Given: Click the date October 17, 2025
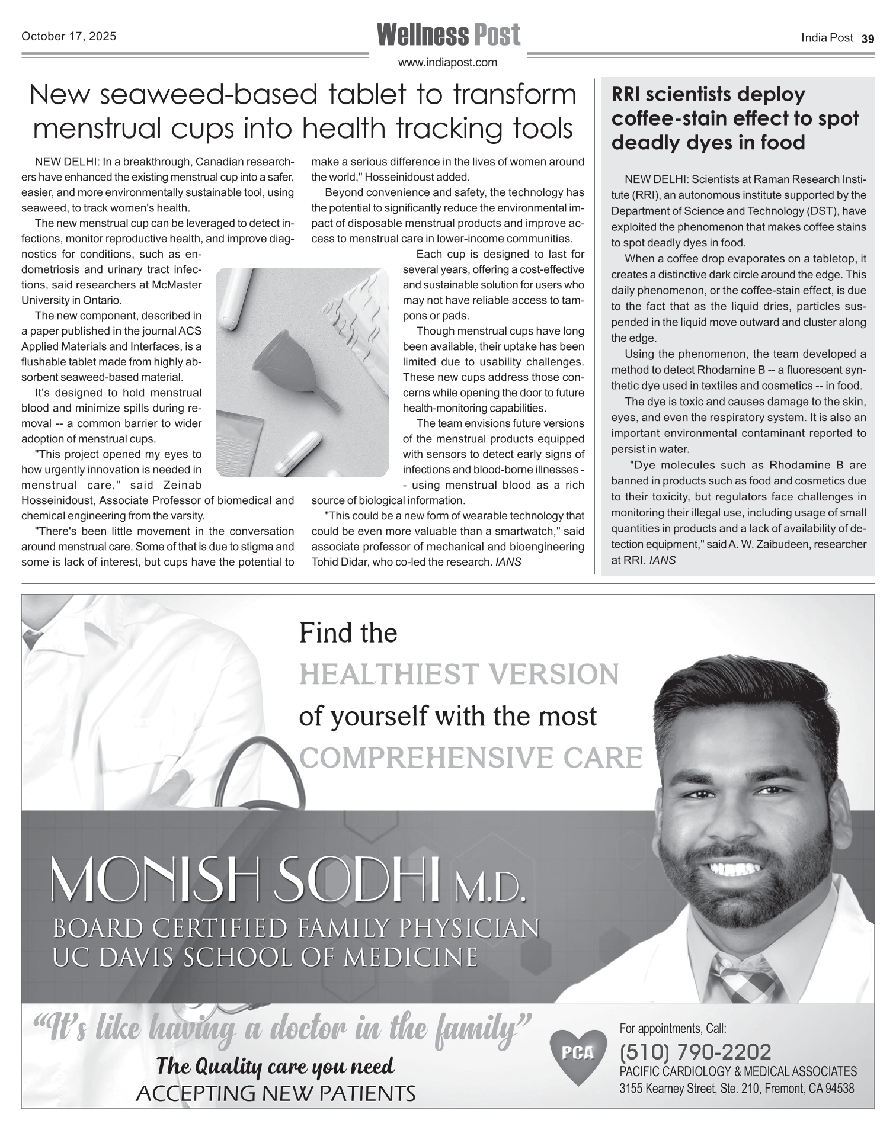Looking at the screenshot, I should click(x=69, y=36).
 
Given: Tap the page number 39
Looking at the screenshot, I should click(x=868, y=39).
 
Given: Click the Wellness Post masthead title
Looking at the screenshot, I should click(x=448, y=34).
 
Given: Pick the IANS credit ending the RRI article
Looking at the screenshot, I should click(x=663, y=560).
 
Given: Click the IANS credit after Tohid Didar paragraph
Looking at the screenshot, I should click(x=508, y=561).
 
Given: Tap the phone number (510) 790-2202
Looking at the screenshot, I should click(x=695, y=1052).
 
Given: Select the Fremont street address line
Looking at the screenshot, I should click(x=737, y=1089).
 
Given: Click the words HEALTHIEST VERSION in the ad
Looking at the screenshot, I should click(x=459, y=675).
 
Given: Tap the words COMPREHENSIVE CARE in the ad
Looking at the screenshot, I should click(x=471, y=757).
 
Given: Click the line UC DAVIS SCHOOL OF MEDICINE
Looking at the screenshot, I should click(x=265, y=958).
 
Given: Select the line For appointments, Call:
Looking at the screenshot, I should click(x=673, y=1028).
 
